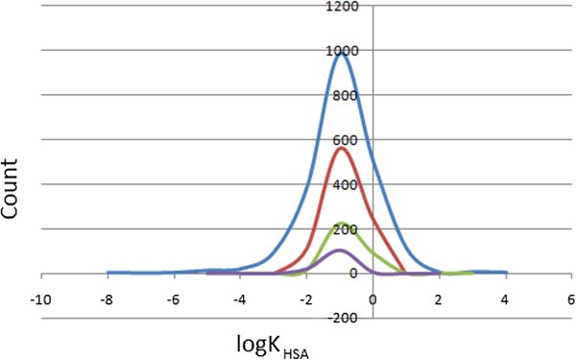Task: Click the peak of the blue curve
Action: point(341,51)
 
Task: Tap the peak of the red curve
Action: point(341,147)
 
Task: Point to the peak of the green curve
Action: point(341,224)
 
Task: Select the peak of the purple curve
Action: point(341,250)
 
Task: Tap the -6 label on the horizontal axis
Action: point(173,299)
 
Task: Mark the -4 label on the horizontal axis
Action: point(239,299)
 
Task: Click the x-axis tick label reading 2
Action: point(440,299)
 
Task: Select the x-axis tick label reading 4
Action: point(506,299)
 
